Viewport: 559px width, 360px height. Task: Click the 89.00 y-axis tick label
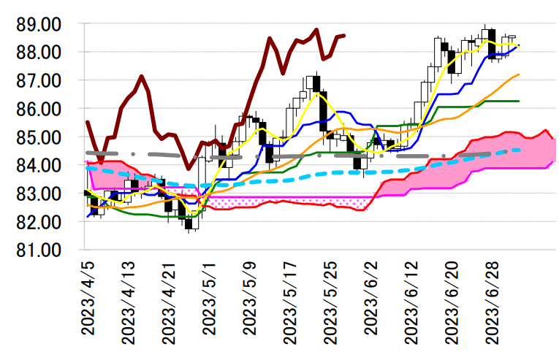click(40, 24)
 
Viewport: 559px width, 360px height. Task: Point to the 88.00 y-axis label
click(40, 53)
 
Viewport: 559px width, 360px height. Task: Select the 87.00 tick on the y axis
click(40, 80)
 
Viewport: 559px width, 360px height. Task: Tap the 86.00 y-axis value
click(40, 109)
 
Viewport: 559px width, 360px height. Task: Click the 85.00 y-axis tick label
click(40, 137)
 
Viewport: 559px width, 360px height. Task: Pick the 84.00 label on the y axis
click(40, 166)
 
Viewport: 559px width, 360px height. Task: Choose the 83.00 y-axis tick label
click(40, 194)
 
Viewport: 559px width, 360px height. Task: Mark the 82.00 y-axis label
click(40, 222)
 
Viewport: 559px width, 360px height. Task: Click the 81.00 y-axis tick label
click(40, 250)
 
